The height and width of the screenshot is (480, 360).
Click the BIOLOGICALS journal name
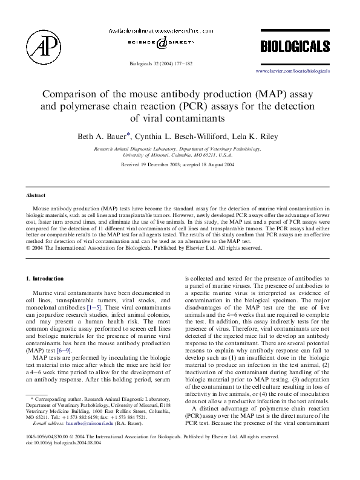(295, 47)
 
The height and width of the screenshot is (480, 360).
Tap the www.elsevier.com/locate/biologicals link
(293, 71)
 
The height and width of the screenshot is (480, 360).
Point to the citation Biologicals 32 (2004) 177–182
(160, 62)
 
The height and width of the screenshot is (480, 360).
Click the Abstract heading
(36, 196)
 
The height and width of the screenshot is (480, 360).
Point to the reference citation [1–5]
(94, 308)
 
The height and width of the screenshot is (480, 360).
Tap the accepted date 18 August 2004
(212, 164)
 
